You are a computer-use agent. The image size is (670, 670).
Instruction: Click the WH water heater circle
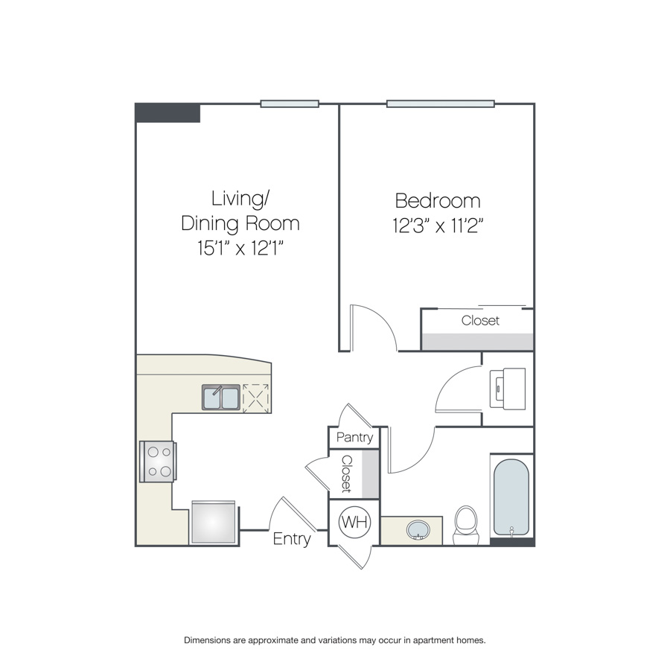click(354, 522)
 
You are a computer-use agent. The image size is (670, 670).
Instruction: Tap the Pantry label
click(354, 437)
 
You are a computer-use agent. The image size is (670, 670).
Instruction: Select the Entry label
click(291, 539)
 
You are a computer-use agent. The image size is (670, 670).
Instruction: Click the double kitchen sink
click(221, 398)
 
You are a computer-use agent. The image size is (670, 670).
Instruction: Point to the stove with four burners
click(158, 462)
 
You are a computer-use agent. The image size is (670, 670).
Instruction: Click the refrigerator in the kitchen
click(214, 522)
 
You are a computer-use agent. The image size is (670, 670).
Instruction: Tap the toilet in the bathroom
click(466, 525)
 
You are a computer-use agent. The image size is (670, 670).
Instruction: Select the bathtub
click(511, 497)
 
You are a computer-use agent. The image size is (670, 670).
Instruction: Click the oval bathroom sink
click(418, 530)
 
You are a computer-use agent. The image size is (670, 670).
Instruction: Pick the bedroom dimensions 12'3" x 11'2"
click(438, 225)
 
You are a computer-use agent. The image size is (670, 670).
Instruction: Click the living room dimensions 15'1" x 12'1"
click(240, 247)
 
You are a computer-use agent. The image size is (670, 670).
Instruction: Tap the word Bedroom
click(438, 200)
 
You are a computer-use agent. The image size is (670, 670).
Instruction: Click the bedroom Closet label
click(480, 320)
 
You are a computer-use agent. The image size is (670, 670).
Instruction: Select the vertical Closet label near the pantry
click(346, 474)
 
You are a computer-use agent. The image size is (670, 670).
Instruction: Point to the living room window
click(290, 103)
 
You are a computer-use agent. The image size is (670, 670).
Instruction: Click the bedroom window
click(441, 103)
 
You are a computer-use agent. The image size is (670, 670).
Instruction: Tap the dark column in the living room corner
click(167, 113)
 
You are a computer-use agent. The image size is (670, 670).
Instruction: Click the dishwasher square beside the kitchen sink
click(256, 398)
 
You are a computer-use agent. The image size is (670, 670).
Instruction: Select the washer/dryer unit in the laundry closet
click(508, 389)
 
